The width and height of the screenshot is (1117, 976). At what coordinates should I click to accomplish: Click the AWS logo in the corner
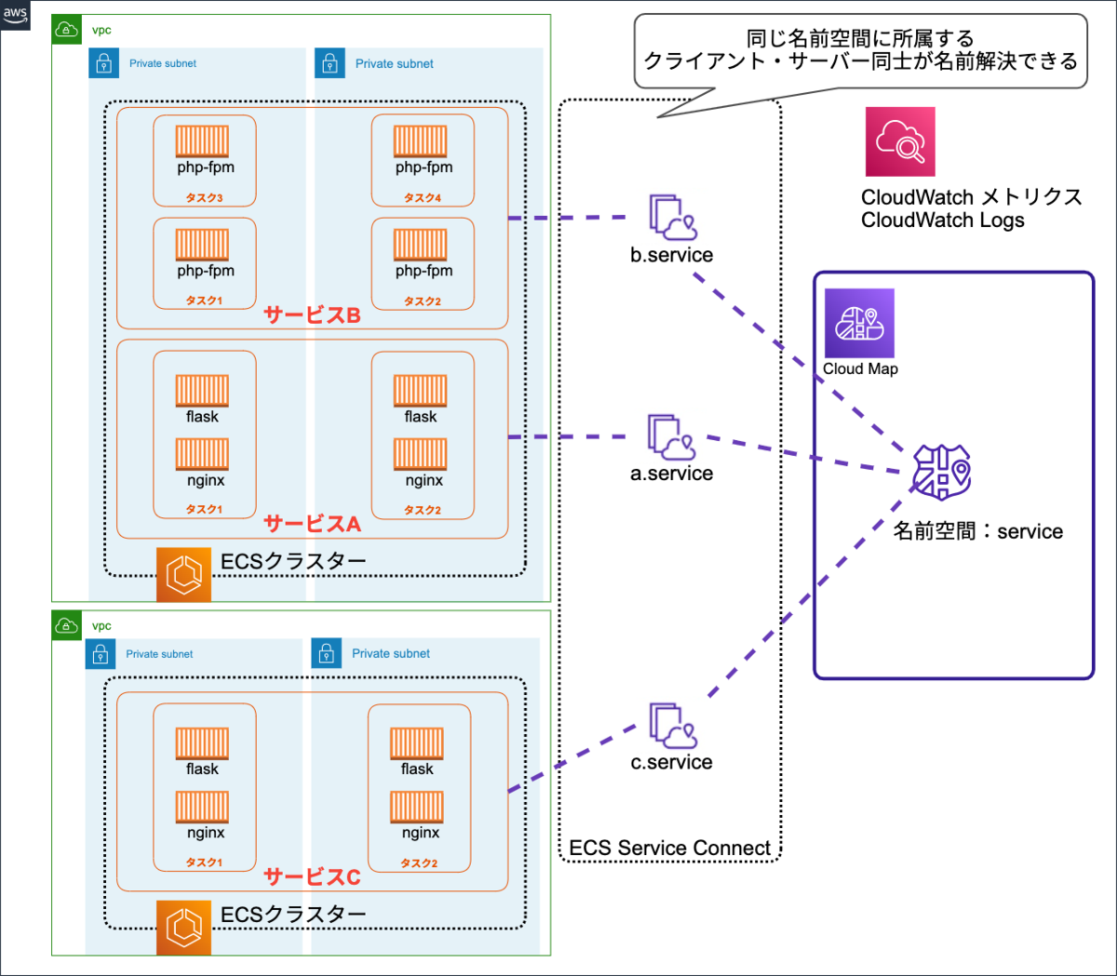pyautogui.click(x=15, y=14)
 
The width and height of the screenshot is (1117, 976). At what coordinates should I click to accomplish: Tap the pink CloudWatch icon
pyautogui.click(x=900, y=141)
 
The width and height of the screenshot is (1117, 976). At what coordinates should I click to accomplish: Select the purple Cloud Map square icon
pyautogui.click(x=859, y=323)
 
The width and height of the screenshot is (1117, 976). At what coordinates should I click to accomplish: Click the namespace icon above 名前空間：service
pyautogui.click(x=941, y=472)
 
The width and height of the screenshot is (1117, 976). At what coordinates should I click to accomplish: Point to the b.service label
pyautogui.click(x=671, y=255)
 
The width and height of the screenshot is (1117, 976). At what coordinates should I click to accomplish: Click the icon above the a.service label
pyautogui.click(x=671, y=437)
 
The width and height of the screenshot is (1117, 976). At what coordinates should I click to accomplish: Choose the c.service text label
pyautogui.click(x=671, y=762)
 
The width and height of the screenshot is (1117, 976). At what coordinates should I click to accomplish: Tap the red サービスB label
pyautogui.click(x=312, y=314)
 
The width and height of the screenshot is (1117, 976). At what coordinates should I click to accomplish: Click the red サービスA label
pyautogui.click(x=312, y=524)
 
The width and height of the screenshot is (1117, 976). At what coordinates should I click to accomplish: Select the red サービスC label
pyautogui.click(x=312, y=876)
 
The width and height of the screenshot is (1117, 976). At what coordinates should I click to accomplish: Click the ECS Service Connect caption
pyautogui.click(x=669, y=848)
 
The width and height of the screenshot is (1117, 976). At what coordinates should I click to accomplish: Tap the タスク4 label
pyautogui.click(x=423, y=197)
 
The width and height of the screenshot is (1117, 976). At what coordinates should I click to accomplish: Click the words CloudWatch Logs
pyautogui.click(x=942, y=221)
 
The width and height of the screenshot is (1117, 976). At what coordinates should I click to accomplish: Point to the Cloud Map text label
pyautogui.click(x=860, y=368)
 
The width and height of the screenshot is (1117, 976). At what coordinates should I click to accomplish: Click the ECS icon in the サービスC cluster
pyautogui.click(x=183, y=928)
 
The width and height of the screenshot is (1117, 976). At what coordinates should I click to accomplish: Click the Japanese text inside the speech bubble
pyautogui.click(x=860, y=50)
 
